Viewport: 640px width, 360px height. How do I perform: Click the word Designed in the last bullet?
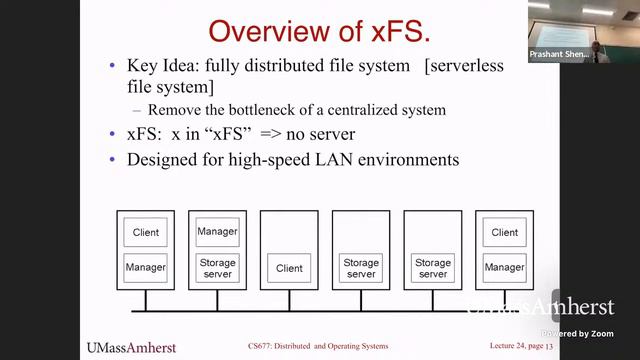coord(164,159)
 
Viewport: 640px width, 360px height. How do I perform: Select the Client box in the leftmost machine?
coord(145,233)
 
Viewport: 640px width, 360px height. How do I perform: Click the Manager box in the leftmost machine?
coord(145,268)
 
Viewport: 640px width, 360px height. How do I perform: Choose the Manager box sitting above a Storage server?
coord(217,232)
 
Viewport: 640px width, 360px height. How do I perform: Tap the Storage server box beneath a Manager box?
coord(217,268)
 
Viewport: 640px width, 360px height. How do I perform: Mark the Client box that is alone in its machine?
coord(289,268)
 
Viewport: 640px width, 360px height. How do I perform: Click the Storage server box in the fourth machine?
coord(361,268)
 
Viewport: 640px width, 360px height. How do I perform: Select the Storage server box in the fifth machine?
coord(433,268)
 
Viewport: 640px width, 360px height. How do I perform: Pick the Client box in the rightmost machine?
coord(505,233)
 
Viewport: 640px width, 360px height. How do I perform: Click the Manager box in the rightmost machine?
coord(505,268)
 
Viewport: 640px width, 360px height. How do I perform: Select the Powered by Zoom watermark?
coord(578,333)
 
